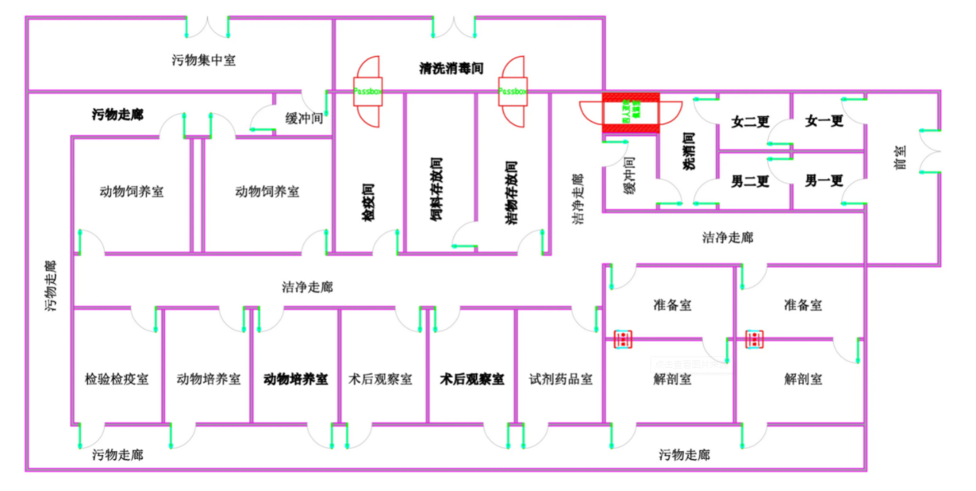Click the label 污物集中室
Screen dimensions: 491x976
pyautogui.click(x=203, y=60)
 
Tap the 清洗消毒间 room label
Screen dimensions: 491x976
pyautogui.click(x=451, y=68)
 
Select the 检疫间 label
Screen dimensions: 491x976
pyautogui.click(x=368, y=202)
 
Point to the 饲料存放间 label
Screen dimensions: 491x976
pyautogui.click(x=436, y=189)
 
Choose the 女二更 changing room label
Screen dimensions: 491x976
pyautogui.click(x=750, y=121)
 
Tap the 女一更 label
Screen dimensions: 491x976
pyautogui.click(x=824, y=121)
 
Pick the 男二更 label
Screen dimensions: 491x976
pyautogui.click(x=750, y=181)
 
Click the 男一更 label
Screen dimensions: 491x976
pyautogui.click(x=824, y=181)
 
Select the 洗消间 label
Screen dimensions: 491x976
pyautogui.click(x=688, y=151)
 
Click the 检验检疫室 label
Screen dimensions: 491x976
pyautogui.click(x=116, y=379)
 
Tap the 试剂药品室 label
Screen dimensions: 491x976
pyautogui.click(x=560, y=379)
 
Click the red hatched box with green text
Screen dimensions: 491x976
pyautogui.click(x=631, y=113)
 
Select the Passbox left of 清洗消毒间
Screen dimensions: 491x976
pyautogui.click(x=368, y=91)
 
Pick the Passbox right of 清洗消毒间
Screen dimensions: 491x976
pyautogui.click(x=513, y=91)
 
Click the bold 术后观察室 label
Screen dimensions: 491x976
pyautogui.click(x=472, y=379)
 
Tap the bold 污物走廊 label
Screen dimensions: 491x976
pyautogui.click(x=117, y=115)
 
